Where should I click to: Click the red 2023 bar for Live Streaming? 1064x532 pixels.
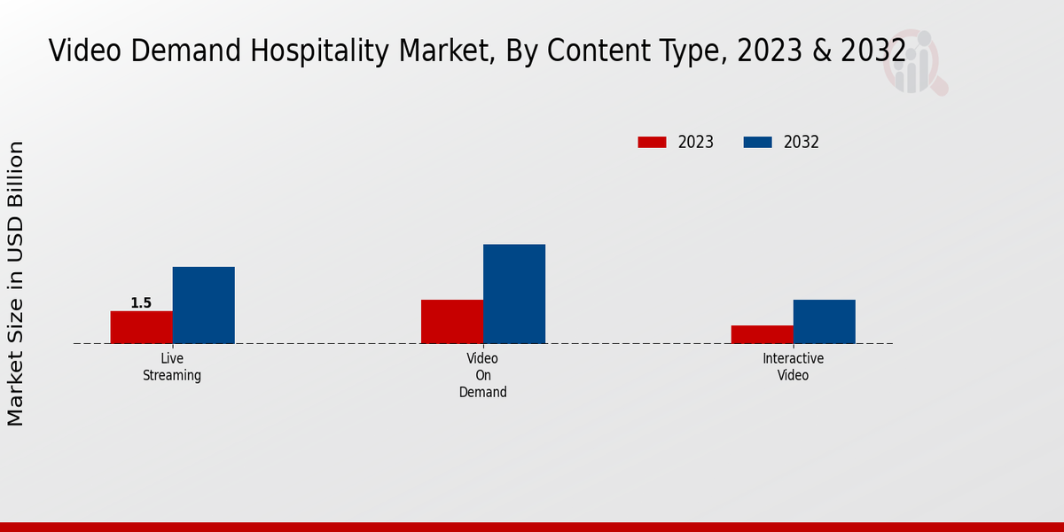click(x=141, y=327)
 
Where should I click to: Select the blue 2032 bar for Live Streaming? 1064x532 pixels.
click(x=203, y=305)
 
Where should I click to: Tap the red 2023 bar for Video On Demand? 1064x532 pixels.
click(x=452, y=322)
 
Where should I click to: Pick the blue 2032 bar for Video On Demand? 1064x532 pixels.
click(x=514, y=293)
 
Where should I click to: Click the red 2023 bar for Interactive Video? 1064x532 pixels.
click(x=763, y=334)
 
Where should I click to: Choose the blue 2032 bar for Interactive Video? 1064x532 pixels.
click(x=825, y=322)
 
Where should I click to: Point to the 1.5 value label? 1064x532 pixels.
click(x=141, y=303)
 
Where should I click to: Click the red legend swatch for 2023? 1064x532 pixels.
click(x=652, y=142)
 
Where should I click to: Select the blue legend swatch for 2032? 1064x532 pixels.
click(x=757, y=142)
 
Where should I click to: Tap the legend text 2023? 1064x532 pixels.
click(x=696, y=142)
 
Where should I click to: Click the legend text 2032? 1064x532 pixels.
click(x=802, y=142)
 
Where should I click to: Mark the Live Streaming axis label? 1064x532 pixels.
click(x=172, y=367)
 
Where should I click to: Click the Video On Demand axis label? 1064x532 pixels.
click(x=483, y=375)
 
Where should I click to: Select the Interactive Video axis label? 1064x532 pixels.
click(x=794, y=367)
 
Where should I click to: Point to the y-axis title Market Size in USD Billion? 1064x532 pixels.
click(x=16, y=284)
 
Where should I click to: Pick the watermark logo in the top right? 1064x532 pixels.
click(x=914, y=62)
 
